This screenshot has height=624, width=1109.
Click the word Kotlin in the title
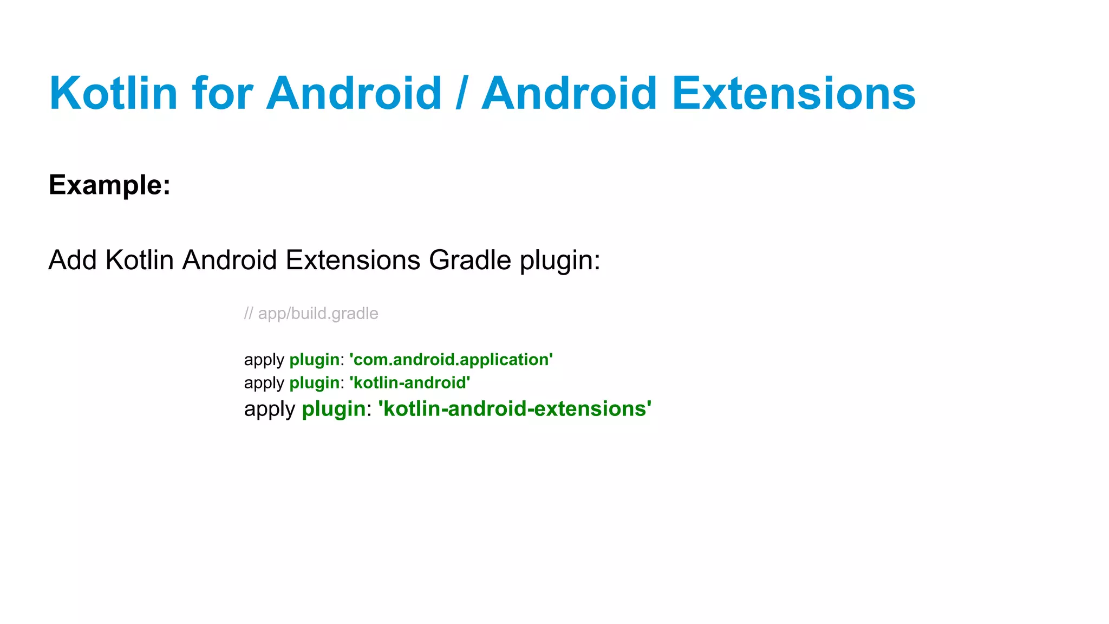(x=113, y=93)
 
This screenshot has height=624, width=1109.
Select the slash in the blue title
(x=461, y=93)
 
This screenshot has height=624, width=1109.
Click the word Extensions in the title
(x=793, y=93)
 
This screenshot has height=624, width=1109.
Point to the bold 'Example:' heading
(x=109, y=185)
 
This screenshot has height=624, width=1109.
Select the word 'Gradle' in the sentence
(x=469, y=260)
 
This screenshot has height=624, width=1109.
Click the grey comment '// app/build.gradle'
(x=311, y=314)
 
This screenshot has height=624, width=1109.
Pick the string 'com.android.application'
(x=451, y=360)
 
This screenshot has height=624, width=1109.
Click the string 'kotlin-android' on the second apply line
(x=410, y=383)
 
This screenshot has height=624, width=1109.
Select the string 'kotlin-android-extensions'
(x=514, y=408)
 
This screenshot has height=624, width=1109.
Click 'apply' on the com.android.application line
(x=264, y=360)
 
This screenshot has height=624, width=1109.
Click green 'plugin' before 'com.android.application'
(x=314, y=360)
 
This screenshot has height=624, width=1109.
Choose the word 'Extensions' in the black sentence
(x=353, y=260)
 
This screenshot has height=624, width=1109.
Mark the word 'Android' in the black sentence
(x=230, y=260)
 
